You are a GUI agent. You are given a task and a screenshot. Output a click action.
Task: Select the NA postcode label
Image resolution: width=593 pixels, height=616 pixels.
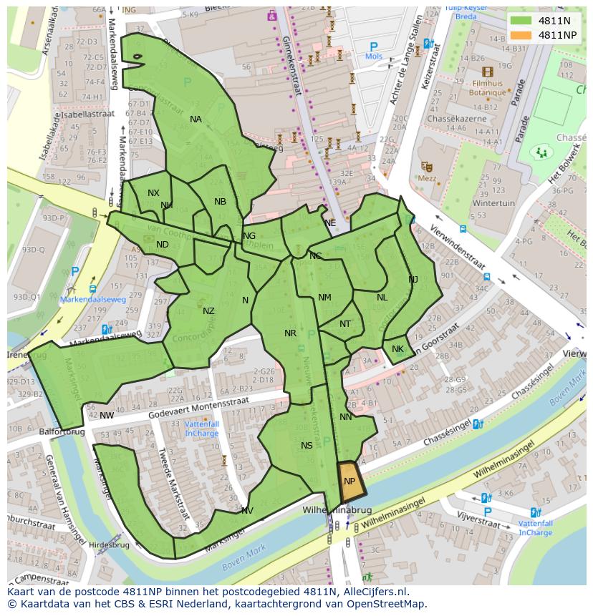coord(196,119)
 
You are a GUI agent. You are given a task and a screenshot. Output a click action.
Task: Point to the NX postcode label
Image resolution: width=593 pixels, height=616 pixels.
coord(153,193)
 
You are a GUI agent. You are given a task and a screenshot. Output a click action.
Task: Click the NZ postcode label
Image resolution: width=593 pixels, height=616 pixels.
coord(208,311)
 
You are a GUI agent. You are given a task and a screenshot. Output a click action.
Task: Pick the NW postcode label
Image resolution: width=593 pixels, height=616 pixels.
coord(107,416)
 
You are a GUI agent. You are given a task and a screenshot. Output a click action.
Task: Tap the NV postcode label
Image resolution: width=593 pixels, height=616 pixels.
coord(247,511)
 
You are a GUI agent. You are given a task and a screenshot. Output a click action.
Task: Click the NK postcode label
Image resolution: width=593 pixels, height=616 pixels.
coord(397,349)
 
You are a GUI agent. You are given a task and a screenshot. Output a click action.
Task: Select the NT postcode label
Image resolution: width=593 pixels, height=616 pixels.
coord(345,324)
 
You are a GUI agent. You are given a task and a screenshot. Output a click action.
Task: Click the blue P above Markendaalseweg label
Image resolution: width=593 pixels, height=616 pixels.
coord(75,272)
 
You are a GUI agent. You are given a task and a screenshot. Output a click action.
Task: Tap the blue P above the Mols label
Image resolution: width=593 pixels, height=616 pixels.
coord(373,47)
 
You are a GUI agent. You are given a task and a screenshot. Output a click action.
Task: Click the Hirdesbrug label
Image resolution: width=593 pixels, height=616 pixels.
coord(109,544)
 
